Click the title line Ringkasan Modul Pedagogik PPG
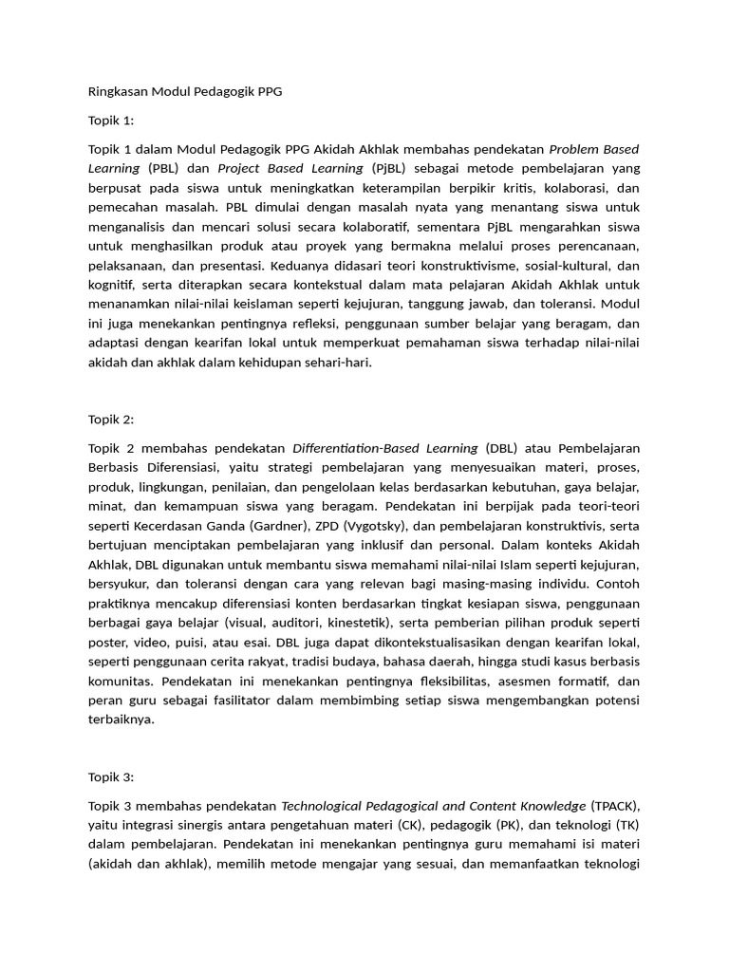186,92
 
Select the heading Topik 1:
111,121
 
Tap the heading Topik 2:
111,420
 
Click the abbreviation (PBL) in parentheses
162,169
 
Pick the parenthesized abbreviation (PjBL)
391,169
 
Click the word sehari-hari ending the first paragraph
338,363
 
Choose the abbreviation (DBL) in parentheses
505,448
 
